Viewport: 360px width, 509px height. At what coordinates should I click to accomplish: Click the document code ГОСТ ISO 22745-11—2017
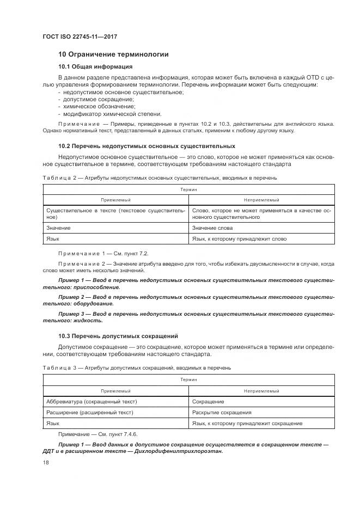click(80, 37)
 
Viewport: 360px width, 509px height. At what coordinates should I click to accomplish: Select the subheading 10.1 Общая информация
click(95, 67)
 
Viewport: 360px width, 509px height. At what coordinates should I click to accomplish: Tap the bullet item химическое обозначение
click(90, 107)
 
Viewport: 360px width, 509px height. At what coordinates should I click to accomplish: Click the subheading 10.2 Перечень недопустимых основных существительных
click(147, 146)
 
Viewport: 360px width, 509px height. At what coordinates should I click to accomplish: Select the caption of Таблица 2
click(160, 177)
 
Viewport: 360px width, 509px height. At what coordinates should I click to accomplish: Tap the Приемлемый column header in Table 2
click(115, 200)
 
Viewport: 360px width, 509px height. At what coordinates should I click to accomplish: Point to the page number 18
click(46, 462)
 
